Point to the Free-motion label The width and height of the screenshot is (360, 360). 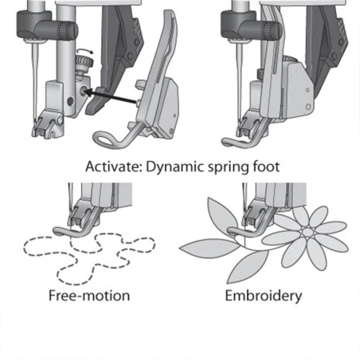click(x=89, y=295)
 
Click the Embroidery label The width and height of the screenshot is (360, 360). click(x=263, y=295)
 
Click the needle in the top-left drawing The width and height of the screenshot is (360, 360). click(x=33, y=80)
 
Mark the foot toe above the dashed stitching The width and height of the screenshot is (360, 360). click(x=76, y=233)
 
